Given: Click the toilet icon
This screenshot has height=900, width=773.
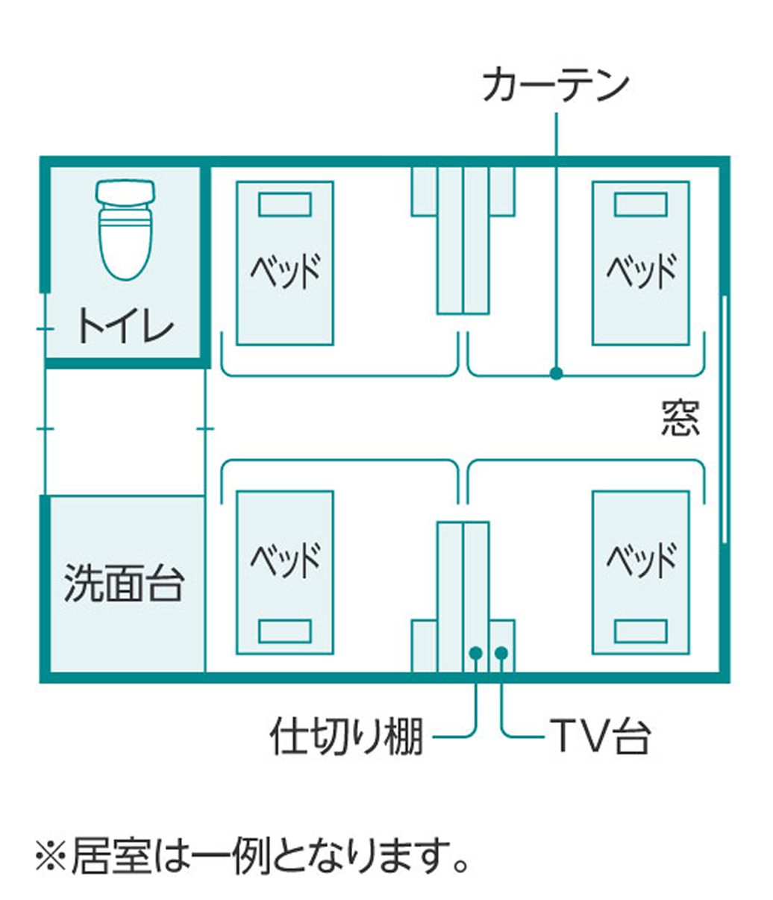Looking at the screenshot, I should coord(125,227).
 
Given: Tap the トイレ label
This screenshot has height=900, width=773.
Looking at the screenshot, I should coord(125,326).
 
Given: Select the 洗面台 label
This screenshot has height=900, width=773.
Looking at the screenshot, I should coord(124,582).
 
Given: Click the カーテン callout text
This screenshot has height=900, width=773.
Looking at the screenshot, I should coord(555,85).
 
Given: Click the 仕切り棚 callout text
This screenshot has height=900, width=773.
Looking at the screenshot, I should coord(346,736).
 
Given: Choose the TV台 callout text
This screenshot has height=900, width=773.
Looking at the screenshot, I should coord(600,736).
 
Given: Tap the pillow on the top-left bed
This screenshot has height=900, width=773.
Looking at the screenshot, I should coord(284,204).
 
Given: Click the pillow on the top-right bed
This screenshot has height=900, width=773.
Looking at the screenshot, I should coord(640,204).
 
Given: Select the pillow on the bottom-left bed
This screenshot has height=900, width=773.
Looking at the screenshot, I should coord(284,631).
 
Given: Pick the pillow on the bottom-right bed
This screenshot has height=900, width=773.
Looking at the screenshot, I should coord(640,631).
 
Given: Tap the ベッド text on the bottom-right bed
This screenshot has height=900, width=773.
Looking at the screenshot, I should coord(640,560).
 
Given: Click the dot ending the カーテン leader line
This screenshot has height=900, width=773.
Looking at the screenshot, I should coord(556,373).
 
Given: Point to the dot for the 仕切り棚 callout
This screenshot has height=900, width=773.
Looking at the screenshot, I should coord(476,653).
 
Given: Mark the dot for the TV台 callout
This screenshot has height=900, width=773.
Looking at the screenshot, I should coord(501,653).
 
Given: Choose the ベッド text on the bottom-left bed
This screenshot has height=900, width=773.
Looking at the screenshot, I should coord(284,560).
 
